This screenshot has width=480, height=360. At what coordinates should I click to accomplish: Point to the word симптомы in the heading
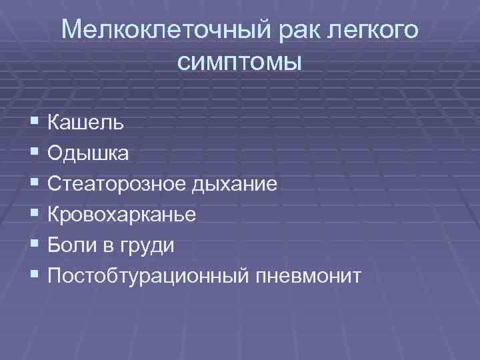point(240,63)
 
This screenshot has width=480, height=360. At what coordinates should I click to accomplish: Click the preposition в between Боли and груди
point(110,246)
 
